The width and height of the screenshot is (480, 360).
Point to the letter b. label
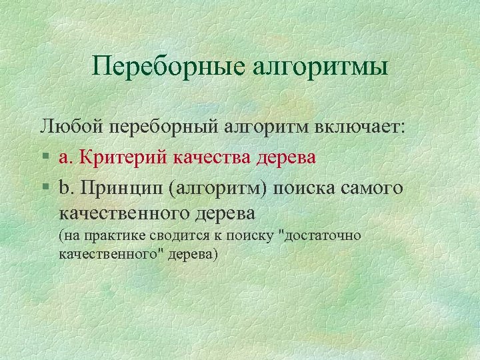(x=65, y=189)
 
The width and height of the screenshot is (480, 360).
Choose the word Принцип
(x=121, y=189)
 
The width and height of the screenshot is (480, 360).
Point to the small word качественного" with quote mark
(x=107, y=254)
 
